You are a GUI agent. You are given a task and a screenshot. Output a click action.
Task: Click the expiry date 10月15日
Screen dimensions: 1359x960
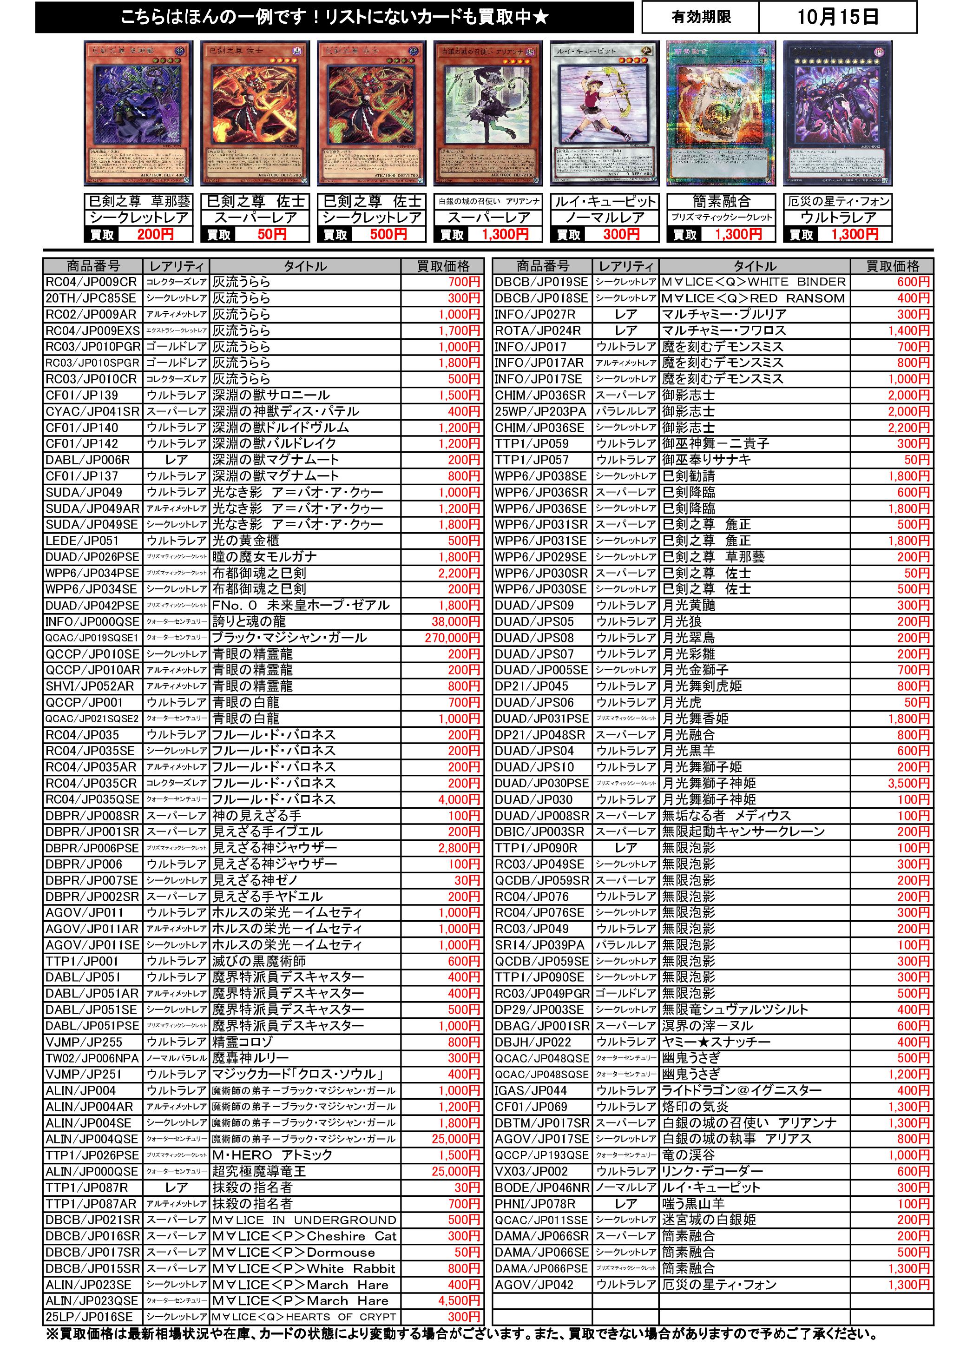coord(837,17)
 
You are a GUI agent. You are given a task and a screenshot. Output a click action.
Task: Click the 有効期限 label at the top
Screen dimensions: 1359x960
coord(701,17)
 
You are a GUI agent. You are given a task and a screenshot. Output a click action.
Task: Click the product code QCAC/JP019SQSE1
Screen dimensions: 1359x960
coord(92,638)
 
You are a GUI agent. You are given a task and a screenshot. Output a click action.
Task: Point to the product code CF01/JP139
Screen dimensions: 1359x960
coord(82,396)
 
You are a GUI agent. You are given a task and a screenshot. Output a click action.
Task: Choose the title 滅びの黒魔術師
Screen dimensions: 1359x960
coord(259,961)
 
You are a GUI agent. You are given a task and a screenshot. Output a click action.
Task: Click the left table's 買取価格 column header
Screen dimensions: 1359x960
coord(443,266)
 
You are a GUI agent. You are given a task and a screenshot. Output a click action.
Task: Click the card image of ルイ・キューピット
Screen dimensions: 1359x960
coord(604,113)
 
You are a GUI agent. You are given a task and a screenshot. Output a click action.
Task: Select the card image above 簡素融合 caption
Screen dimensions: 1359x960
coord(721,113)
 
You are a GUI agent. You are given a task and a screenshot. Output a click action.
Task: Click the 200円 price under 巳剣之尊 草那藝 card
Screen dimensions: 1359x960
coord(155,234)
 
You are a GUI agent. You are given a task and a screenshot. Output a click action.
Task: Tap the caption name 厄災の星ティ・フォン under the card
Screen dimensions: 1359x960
coord(838,201)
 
